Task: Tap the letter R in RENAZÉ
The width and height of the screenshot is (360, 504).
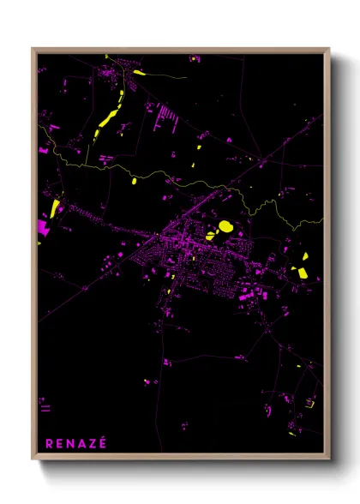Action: [49, 443]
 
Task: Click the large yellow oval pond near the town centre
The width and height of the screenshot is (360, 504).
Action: [225, 226]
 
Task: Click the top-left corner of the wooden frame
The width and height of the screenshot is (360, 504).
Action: [33, 49]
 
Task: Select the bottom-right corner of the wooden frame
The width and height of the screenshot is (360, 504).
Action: [328, 459]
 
